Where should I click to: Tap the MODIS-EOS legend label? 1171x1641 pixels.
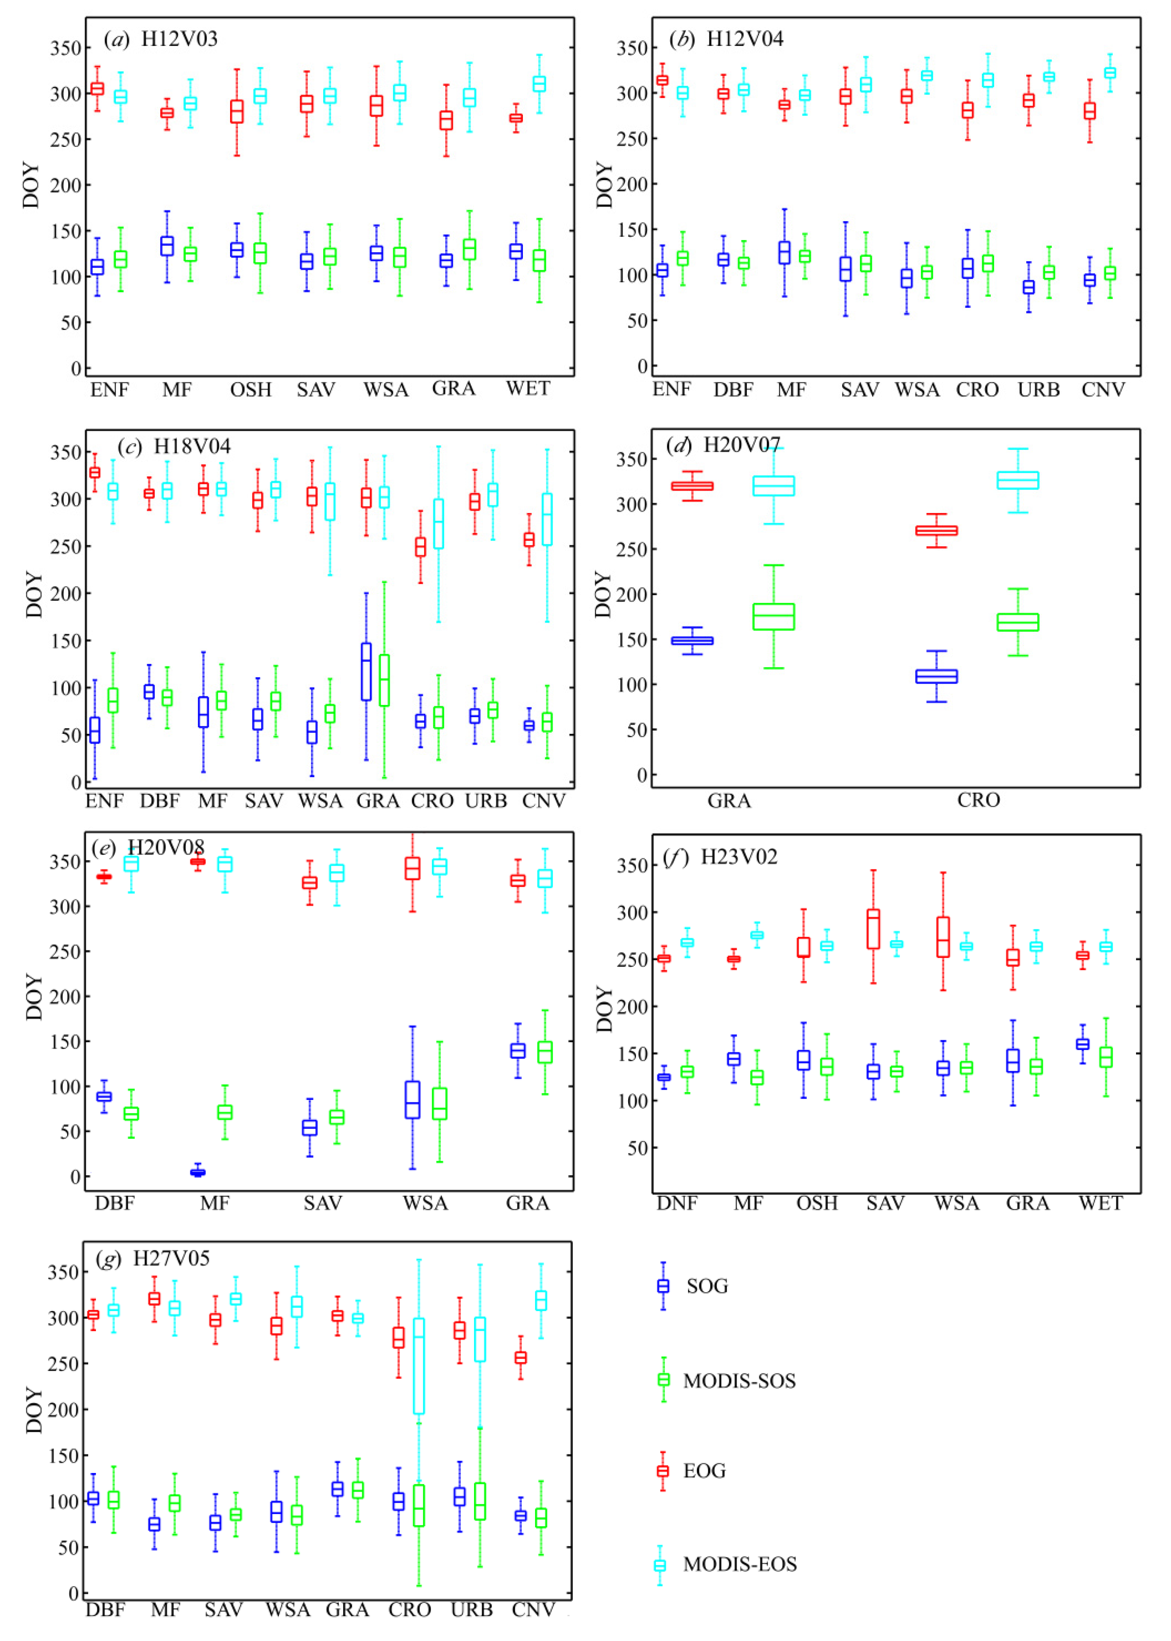click(x=740, y=1564)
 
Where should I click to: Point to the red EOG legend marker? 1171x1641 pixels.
click(x=663, y=1471)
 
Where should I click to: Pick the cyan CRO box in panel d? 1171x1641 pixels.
click(x=1017, y=480)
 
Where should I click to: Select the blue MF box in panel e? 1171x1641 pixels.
click(x=198, y=1172)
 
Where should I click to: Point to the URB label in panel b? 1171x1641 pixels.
click(x=1038, y=390)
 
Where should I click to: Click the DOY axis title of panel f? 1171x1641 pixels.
click(x=604, y=1009)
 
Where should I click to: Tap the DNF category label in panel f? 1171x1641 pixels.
click(x=676, y=1203)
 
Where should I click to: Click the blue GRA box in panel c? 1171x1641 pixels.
click(x=366, y=672)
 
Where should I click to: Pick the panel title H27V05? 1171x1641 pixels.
click(x=171, y=1259)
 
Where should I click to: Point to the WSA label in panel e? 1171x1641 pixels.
click(x=425, y=1203)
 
